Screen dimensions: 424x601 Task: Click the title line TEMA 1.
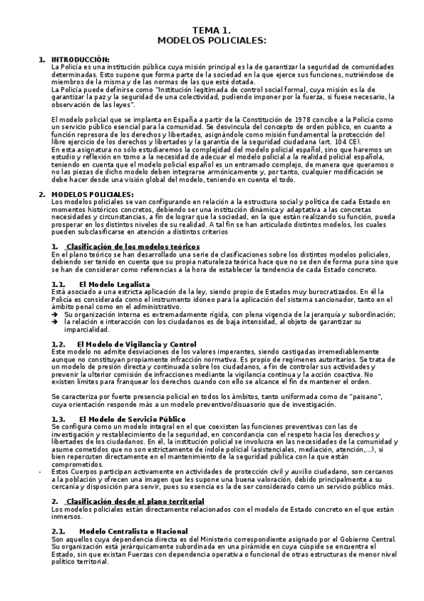[212, 31]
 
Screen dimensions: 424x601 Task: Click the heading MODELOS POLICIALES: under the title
[212, 41]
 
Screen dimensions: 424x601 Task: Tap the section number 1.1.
[59, 283]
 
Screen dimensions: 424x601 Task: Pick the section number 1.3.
[59, 419]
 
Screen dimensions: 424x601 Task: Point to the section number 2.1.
[59, 530]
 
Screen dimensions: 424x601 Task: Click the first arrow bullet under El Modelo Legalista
[56, 314]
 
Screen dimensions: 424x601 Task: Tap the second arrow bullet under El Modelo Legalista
[56, 321]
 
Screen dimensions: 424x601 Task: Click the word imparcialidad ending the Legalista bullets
[86, 330]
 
